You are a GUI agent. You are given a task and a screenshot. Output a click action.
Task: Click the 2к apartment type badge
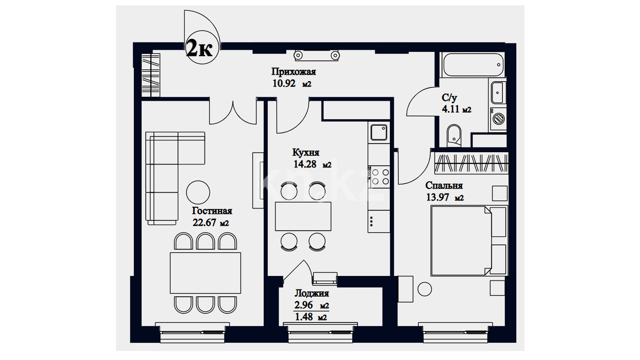point(202,47)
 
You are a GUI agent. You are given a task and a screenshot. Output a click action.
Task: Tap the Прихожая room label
point(293,71)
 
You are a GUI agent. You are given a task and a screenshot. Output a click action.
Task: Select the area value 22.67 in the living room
point(204,222)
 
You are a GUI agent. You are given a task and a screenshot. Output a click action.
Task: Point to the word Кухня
point(306,152)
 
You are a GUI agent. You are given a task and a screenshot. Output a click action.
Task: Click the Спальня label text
point(444,185)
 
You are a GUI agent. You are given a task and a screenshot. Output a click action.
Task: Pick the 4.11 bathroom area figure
point(450,109)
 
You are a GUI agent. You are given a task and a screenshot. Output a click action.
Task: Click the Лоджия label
point(312,293)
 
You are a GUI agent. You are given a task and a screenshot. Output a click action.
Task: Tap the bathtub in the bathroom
point(473,64)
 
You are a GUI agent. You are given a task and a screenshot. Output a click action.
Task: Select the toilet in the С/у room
point(454,136)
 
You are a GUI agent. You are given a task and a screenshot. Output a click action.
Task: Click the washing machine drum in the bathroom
point(499,118)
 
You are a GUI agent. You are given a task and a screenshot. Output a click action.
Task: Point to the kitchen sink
point(379,132)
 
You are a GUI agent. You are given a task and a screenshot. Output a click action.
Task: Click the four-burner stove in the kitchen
point(379,177)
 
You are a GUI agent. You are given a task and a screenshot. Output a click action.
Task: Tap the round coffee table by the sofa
point(198,193)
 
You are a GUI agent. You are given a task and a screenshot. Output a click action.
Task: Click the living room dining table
point(205,273)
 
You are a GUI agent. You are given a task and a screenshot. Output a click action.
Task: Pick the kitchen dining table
point(303,216)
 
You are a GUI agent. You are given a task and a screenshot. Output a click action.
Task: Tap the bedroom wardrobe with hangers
point(471,163)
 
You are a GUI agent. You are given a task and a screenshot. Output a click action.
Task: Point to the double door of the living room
point(233,113)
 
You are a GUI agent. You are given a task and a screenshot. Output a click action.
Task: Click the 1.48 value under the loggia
point(304,317)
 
